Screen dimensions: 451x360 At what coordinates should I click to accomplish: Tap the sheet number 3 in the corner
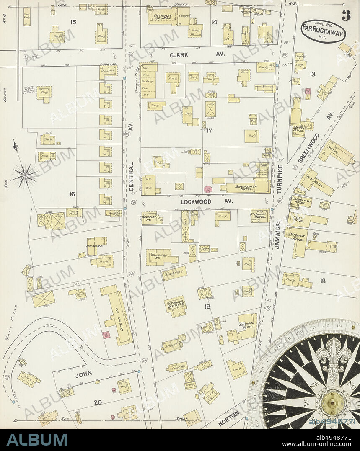[346, 15]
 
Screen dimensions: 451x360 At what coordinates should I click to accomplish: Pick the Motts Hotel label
[299, 129]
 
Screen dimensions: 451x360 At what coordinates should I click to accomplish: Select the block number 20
[98, 402]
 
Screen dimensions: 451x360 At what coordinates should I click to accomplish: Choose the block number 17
[209, 131]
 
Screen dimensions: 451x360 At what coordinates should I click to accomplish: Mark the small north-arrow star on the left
[24, 175]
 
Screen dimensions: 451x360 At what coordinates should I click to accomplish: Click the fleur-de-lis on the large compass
[333, 356]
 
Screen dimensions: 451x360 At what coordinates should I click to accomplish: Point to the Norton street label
[229, 417]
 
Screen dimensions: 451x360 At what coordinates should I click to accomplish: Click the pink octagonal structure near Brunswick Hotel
[208, 189]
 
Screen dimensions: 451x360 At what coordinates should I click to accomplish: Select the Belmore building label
[95, 246]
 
